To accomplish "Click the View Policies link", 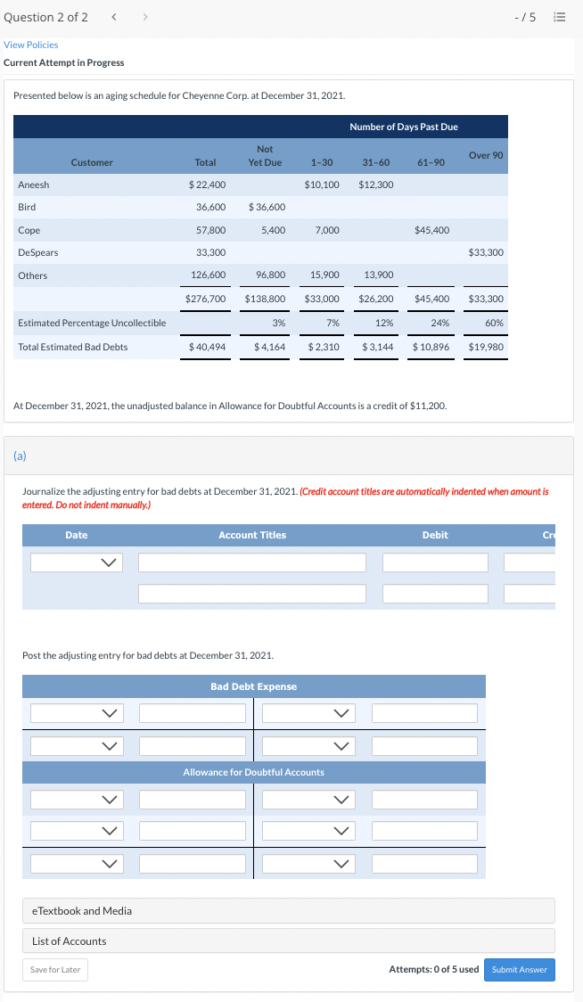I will pyautogui.click(x=31, y=45).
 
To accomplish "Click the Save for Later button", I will pyautogui.click(x=55, y=970).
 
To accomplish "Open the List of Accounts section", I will pyautogui.click(x=70, y=941).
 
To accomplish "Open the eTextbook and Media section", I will pyautogui.click(x=82, y=911).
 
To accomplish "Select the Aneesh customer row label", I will pyautogui.click(x=34, y=185).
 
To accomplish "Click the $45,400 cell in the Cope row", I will pyautogui.click(x=431, y=230).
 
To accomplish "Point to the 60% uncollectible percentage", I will pyautogui.click(x=494, y=323).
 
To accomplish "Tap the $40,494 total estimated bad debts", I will pyautogui.click(x=207, y=347).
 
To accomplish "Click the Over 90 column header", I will pyautogui.click(x=486, y=155).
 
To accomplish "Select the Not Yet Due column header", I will pyautogui.click(x=265, y=155).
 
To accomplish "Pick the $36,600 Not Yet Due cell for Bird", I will pyautogui.click(x=267, y=207).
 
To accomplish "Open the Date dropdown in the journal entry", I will pyautogui.click(x=76, y=563).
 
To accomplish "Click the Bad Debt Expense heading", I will pyautogui.click(x=253, y=686).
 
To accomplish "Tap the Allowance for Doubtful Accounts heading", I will pyautogui.click(x=253, y=772).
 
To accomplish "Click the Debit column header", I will pyautogui.click(x=435, y=535).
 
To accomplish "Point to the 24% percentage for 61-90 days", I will pyautogui.click(x=439, y=323).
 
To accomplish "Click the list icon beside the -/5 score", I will pyautogui.click(x=559, y=19).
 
